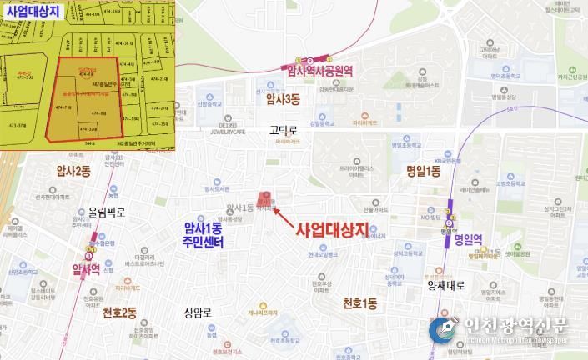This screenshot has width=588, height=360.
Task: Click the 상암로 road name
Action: (199, 313)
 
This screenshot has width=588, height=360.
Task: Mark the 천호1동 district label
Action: (359, 305)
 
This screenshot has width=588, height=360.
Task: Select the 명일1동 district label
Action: (423, 171)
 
